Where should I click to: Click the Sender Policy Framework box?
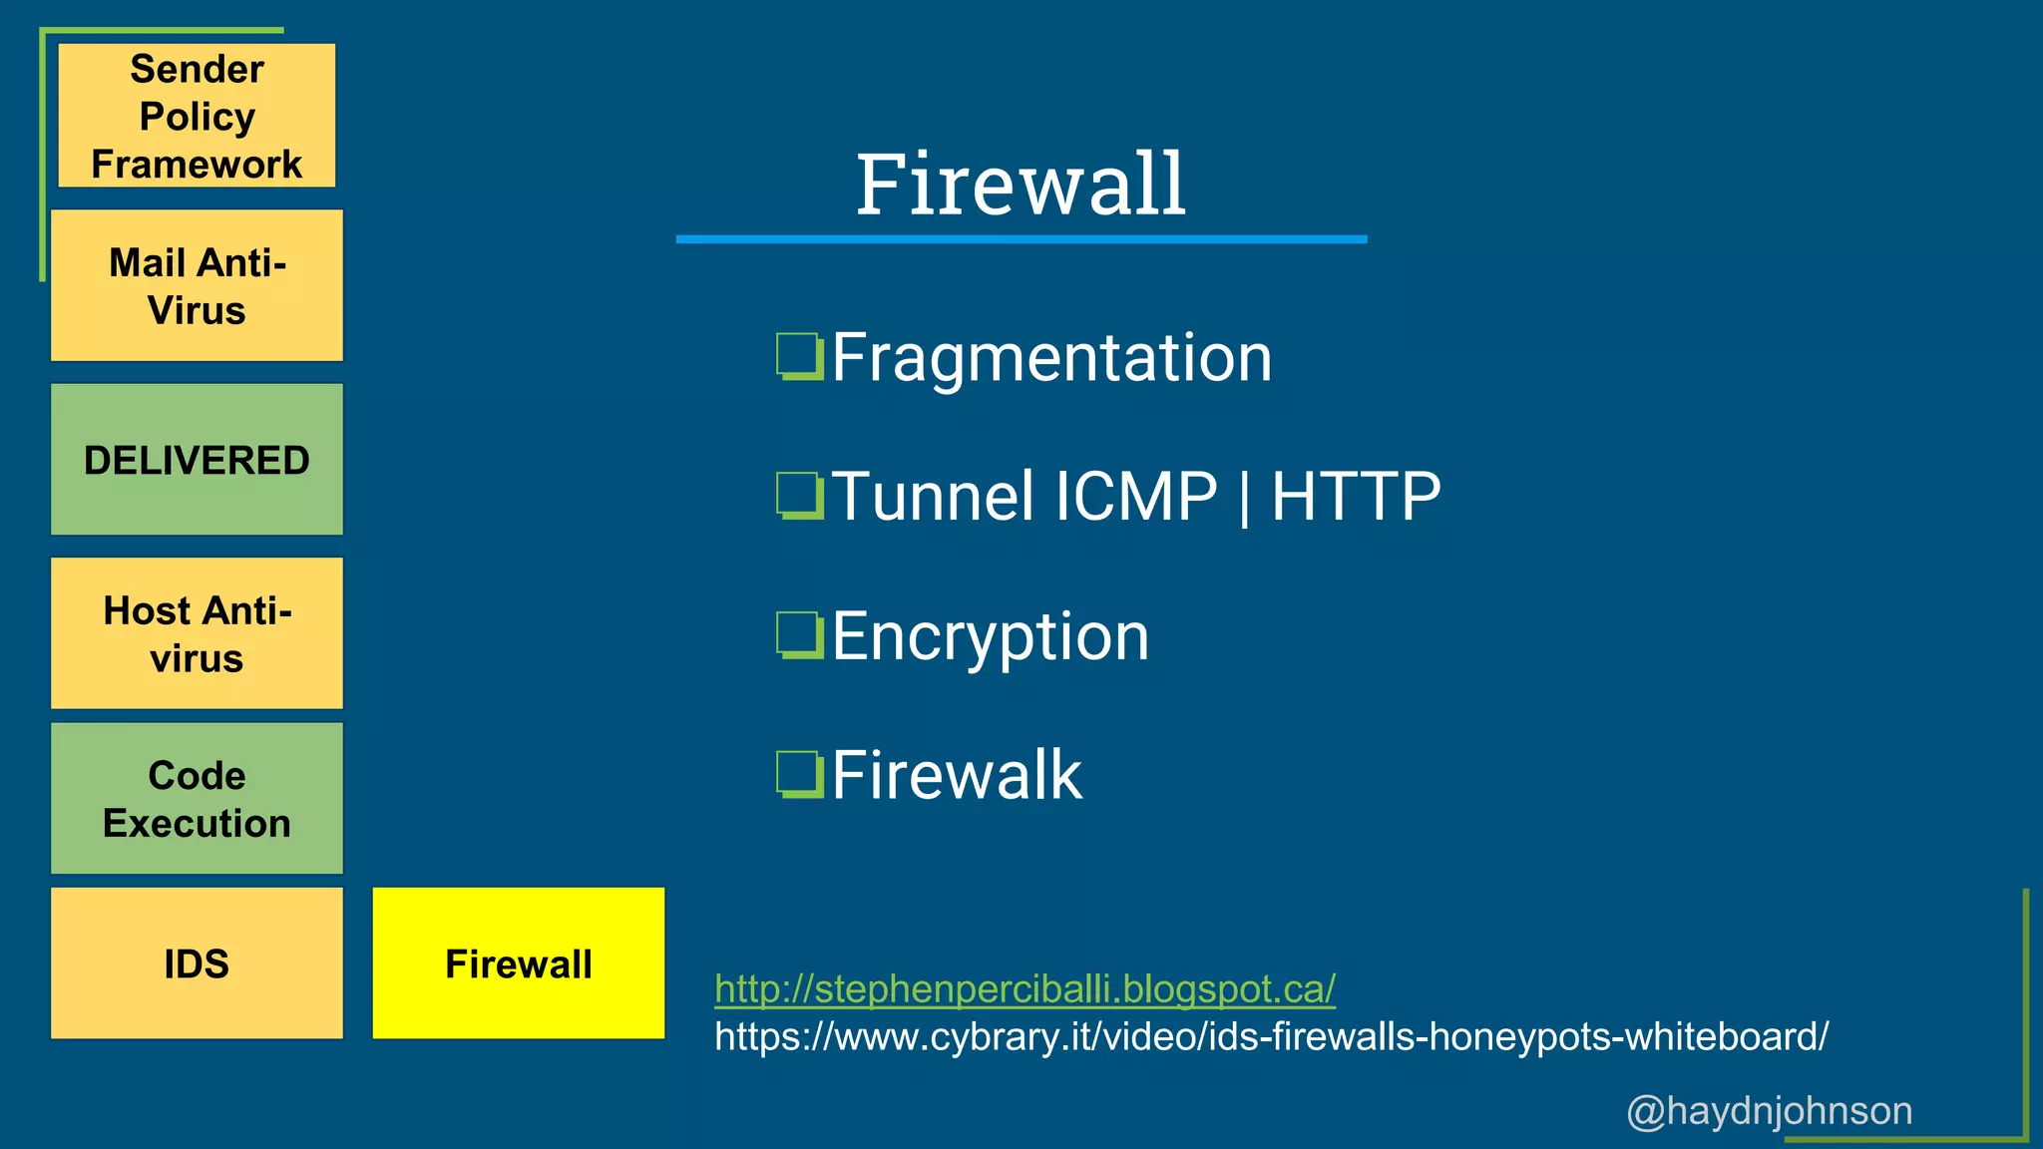[x=197, y=116]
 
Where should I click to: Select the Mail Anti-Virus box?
[x=197, y=285]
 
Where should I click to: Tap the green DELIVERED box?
[x=197, y=460]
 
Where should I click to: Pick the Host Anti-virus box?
[x=197, y=633]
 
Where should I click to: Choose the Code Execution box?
[x=197, y=799]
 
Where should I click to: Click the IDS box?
[x=197, y=963]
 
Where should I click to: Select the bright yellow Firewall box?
[x=519, y=963]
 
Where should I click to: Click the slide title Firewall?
[x=1021, y=185]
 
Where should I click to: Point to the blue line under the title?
[x=1021, y=239]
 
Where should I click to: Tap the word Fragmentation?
[x=1051, y=357]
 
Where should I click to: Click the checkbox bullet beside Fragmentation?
[x=799, y=357]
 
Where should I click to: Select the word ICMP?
[x=1135, y=496]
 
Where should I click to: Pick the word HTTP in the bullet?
[x=1356, y=496]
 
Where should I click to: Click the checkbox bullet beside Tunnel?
[x=799, y=496]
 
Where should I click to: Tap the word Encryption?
[x=991, y=636]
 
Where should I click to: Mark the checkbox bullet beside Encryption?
[x=799, y=635]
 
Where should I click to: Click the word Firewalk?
[x=957, y=775]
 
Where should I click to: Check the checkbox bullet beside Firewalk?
[x=799, y=775]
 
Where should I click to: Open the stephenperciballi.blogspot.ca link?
[x=1024, y=988]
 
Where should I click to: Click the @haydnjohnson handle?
[x=1769, y=1110]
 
